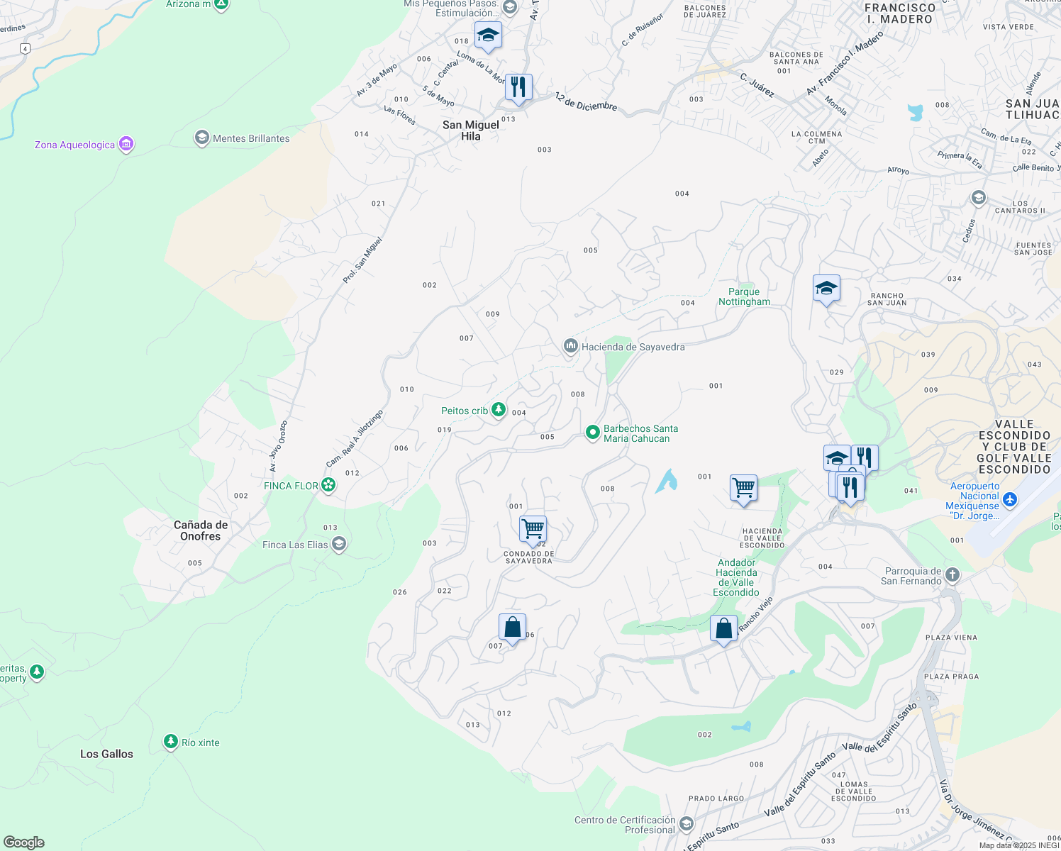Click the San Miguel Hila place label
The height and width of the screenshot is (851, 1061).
(x=471, y=130)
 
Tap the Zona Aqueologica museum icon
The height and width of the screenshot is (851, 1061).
(x=126, y=145)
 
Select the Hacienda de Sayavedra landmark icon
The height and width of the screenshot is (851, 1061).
(x=570, y=347)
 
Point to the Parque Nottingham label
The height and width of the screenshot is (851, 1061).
(x=744, y=296)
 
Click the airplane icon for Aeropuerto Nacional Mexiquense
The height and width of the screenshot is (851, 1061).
(x=1010, y=500)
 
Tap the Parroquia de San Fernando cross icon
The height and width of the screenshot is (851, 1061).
(x=952, y=575)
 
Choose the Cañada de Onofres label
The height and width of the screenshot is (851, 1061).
(x=201, y=530)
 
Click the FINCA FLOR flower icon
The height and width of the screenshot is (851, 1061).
(x=328, y=485)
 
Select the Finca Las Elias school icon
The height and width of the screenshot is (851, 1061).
(x=339, y=545)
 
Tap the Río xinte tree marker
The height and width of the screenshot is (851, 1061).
(x=170, y=742)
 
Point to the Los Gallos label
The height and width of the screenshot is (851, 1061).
(x=106, y=754)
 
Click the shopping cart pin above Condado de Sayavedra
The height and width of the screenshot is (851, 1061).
(x=533, y=528)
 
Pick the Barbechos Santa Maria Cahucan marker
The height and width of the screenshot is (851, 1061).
(x=592, y=433)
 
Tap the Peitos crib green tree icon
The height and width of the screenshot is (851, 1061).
(x=499, y=410)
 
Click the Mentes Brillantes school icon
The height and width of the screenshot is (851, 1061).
(x=201, y=138)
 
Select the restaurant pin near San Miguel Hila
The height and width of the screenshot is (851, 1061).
(x=518, y=87)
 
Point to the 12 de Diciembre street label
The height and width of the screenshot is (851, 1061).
(x=586, y=101)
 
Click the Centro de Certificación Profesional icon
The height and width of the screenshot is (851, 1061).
(x=686, y=824)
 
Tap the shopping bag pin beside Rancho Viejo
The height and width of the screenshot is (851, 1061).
(x=723, y=628)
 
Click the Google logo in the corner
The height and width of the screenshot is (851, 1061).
(x=23, y=842)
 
